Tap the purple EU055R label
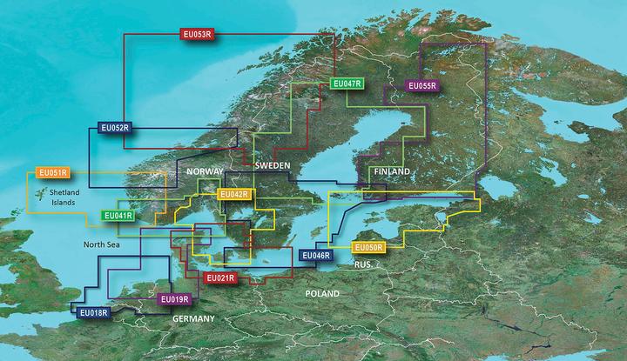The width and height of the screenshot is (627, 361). click(424, 85)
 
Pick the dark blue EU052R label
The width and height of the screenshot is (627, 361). click(114, 128)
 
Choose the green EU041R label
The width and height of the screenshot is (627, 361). click(118, 215)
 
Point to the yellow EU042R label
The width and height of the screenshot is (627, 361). click(235, 194)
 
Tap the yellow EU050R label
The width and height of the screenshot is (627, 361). click(368, 248)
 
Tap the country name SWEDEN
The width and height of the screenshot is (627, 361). click(273, 164)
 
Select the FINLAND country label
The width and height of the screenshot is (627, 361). click(390, 172)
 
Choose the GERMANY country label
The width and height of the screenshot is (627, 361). click(193, 320)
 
